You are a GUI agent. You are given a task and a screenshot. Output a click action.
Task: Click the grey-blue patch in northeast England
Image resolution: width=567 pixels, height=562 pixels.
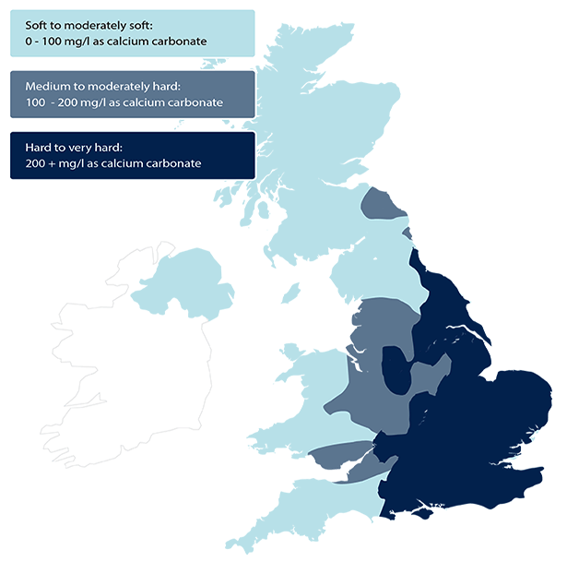[x=381, y=204]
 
